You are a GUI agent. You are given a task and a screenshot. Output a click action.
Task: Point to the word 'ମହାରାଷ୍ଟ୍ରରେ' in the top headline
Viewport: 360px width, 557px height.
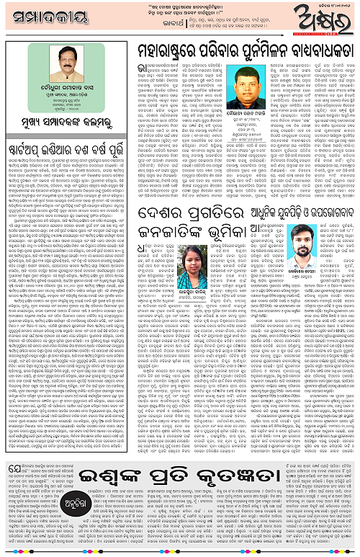[x=163, y=50]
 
